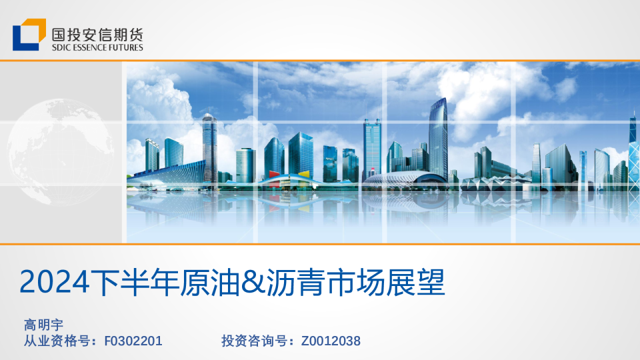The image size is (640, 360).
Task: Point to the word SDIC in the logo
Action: (61, 47)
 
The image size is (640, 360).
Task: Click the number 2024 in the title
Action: (54, 283)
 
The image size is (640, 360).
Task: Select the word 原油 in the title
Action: (208, 283)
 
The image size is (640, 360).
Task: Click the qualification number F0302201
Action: (133, 341)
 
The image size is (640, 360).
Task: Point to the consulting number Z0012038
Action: (331, 341)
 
